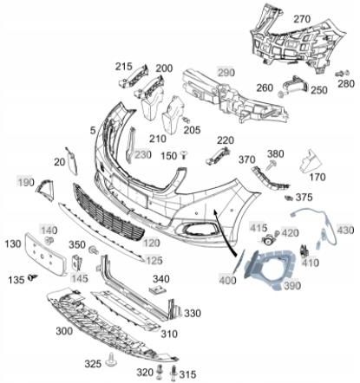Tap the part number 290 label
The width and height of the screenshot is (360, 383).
click(226, 72)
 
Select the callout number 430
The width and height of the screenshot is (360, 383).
click(345, 230)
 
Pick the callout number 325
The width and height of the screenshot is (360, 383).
click(93, 362)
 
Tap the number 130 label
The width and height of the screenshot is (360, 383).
click(13, 245)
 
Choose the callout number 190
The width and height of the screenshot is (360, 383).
click(25, 182)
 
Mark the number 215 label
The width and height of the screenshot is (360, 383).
click(124, 67)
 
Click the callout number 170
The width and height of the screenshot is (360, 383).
click(316, 178)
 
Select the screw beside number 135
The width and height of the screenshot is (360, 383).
click(35, 278)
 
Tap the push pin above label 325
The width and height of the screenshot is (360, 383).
click(114, 358)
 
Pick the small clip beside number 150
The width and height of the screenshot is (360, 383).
click(185, 153)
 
